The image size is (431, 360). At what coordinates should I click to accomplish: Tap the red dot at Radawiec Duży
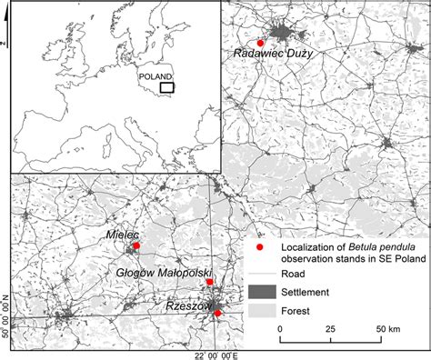(x=260, y=43)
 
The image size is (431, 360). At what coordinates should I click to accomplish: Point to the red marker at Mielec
(x=136, y=245)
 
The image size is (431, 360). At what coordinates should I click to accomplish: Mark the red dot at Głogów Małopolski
(x=210, y=283)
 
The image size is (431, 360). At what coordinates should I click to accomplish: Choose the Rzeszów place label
(x=189, y=307)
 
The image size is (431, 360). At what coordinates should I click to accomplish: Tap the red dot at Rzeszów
(x=217, y=313)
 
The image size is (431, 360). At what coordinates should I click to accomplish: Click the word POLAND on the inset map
(x=155, y=77)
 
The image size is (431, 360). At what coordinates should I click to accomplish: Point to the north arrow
(x=5, y=42)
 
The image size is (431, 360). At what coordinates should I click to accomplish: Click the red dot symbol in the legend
(x=259, y=246)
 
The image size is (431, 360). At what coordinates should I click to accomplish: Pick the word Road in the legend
(x=292, y=275)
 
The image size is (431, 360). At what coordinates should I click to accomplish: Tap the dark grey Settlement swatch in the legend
(x=259, y=292)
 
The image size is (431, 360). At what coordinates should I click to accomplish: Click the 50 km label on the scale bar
(x=388, y=328)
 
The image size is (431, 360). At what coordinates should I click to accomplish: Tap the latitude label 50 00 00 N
(x=5, y=315)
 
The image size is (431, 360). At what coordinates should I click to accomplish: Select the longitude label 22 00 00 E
(x=212, y=353)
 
